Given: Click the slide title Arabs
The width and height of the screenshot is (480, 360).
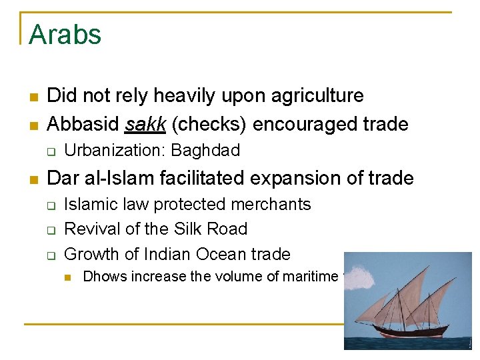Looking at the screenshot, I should pos(65,35).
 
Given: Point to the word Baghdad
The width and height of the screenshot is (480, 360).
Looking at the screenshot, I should pos(205,151).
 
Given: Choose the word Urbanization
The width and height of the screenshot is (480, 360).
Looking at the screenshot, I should pos(115,151).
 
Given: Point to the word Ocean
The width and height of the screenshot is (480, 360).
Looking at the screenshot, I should pos(217,255).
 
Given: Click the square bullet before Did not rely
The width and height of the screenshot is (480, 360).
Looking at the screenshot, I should pos(33,97).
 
